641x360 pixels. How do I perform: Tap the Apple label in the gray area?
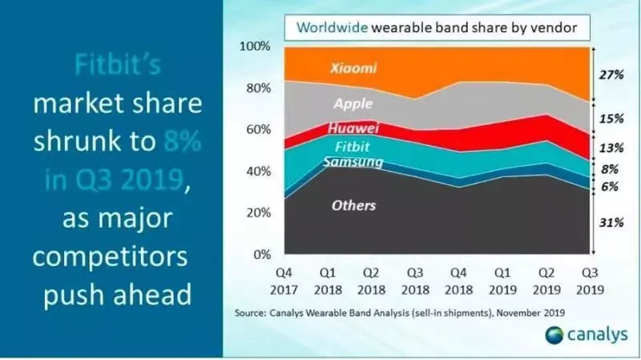pyautogui.click(x=354, y=103)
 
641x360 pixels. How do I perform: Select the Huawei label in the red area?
pyautogui.click(x=353, y=128)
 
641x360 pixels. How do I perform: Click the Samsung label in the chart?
pyautogui.click(x=354, y=162)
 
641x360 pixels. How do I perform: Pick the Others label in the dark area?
pyautogui.click(x=353, y=206)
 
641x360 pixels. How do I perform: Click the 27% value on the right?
pyautogui.click(x=611, y=75)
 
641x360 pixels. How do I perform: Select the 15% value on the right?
pyautogui.click(x=611, y=119)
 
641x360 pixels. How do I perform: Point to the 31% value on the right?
pyautogui.click(x=611, y=222)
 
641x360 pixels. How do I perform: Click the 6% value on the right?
pyautogui.click(x=611, y=187)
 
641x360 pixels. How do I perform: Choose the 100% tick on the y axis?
pyautogui.click(x=256, y=47)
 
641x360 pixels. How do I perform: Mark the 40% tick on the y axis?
pyautogui.click(x=259, y=172)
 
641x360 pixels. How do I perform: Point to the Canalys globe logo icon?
pyautogui.click(x=554, y=335)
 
